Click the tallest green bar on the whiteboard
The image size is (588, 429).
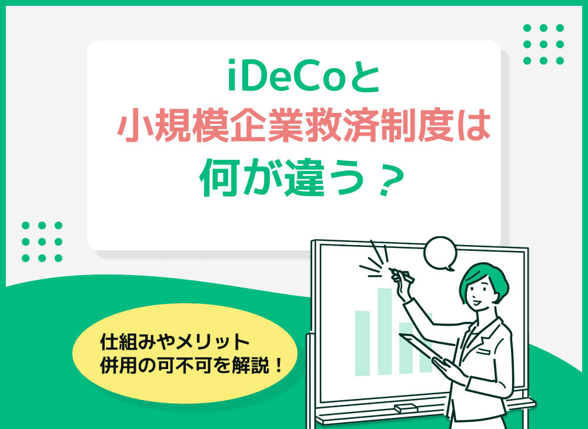(x=385, y=329)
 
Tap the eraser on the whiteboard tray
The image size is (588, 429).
(x=406, y=407)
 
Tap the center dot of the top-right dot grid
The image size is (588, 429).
(x=543, y=44)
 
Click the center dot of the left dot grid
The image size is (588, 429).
(x=42, y=241)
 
